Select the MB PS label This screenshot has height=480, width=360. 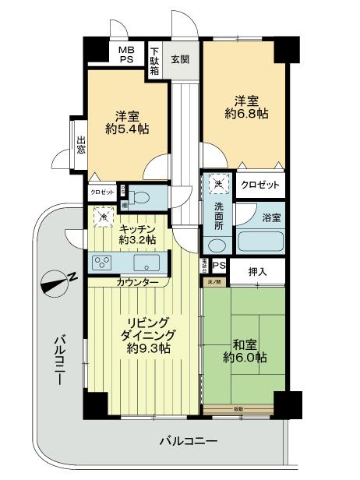pos(125,55)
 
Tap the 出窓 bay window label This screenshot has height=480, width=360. pos(81,146)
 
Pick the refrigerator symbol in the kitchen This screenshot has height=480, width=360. pos(103,217)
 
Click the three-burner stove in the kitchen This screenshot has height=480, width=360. pos(104,263)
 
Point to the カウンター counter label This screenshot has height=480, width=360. pos(139,282)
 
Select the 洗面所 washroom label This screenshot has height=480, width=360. pos(219,214)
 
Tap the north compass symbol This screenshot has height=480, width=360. pos(53,281)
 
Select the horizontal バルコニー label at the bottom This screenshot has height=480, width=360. pos(188,440)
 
